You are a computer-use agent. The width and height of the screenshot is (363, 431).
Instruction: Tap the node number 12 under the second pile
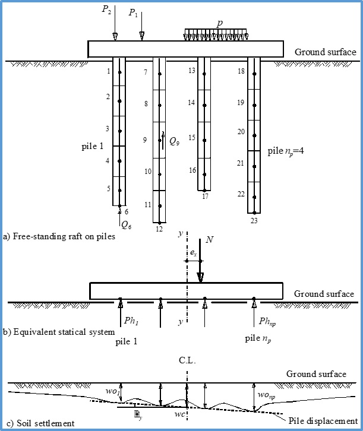pyautogui.click(x=159, y=229)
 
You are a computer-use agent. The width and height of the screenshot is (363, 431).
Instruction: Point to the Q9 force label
pyautogui.click(x=174, y=141)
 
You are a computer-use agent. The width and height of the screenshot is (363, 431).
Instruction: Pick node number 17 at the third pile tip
pyautogui.click(x=205, y=196)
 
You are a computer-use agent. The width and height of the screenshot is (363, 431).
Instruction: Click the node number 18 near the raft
pyautogui.click(x=241, y=71)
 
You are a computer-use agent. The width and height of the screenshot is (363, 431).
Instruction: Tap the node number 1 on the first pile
pyautogui.click(x=108, y=71)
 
